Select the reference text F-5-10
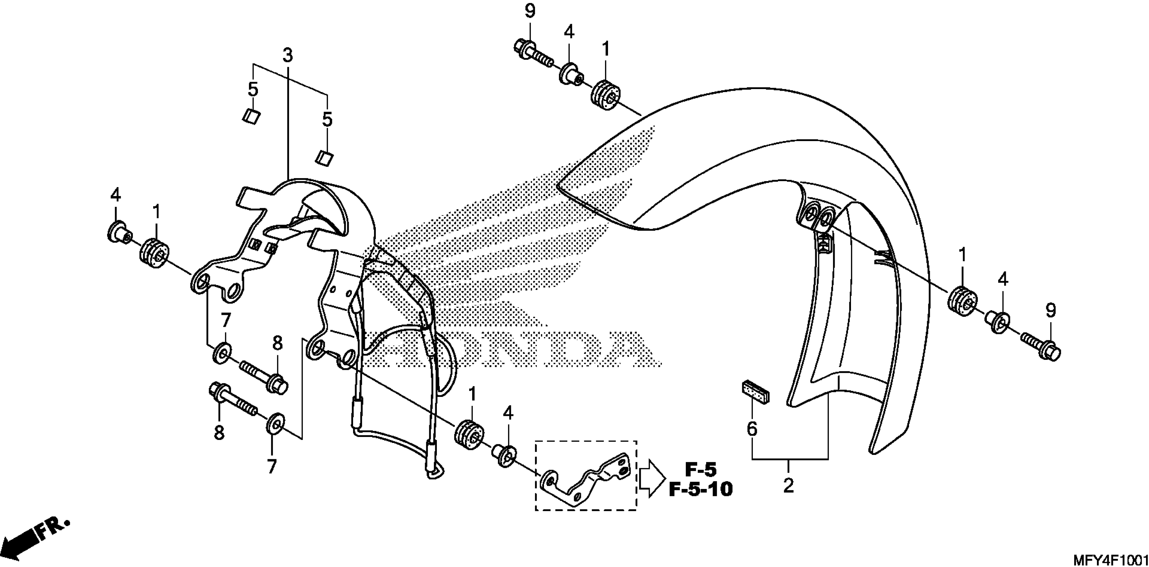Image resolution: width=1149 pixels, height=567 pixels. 700,489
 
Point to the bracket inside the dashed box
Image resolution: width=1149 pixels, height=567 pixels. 585,479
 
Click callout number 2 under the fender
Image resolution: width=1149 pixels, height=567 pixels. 788,485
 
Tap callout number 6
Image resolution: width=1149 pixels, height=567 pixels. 752,429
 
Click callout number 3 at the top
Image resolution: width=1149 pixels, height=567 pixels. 288,56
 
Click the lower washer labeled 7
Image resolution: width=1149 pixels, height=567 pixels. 273,424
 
